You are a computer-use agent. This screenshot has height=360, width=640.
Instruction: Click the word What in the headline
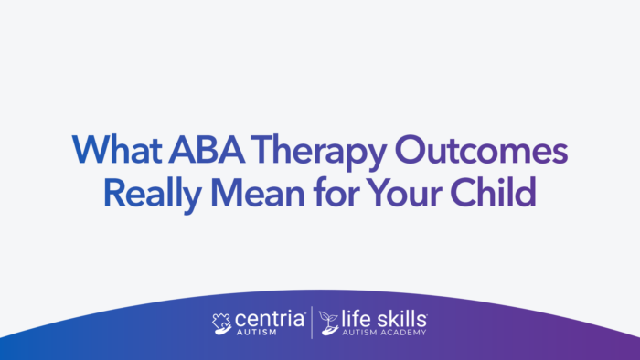[112, 149]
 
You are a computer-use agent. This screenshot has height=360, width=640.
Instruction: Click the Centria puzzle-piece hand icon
[221, 323]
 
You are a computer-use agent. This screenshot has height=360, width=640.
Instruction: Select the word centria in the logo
[269, 320]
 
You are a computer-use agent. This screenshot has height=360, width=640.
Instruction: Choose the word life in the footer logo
[356, 319]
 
